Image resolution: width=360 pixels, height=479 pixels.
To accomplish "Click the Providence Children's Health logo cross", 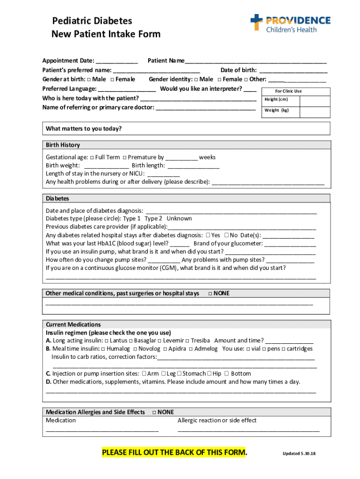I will coord(257,22).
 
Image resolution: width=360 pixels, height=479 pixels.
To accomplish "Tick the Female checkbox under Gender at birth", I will coord(112,80).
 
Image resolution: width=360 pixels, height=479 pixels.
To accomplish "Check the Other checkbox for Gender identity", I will coord(246,80).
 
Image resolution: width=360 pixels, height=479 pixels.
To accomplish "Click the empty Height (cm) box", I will coord(315,100).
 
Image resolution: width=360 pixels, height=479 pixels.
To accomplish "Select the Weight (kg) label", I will coord(277,110).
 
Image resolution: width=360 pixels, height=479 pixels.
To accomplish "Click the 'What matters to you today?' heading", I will coord(84,129).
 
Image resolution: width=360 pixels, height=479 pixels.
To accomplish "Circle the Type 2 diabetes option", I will coord(153,218).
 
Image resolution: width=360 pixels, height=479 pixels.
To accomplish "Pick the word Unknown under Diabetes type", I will coord(179,218).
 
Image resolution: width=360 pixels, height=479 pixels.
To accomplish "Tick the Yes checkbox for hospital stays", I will coord(208,235).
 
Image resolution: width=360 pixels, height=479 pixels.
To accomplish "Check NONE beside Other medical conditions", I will coord(209,294).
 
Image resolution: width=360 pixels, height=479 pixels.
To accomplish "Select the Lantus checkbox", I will coord(107,341).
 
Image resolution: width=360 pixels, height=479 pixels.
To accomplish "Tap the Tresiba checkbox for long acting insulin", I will coord(187,341).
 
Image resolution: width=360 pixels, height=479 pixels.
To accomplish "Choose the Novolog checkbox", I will coord(135,349).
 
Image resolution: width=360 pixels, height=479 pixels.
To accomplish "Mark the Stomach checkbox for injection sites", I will coord(180,373).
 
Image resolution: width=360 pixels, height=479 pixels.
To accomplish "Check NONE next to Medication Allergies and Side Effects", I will coord(154,412).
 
